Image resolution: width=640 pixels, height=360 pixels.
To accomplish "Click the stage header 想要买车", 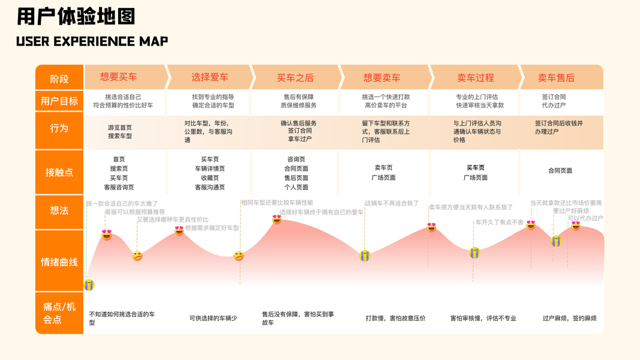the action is [119, 77].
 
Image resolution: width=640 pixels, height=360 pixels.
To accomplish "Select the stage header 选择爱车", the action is [210, 77].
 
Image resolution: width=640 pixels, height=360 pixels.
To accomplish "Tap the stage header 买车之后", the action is [295, 77].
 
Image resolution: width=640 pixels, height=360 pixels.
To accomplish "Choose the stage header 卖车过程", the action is [476, 77].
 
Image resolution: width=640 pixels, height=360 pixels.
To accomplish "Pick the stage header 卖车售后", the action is [556, 77].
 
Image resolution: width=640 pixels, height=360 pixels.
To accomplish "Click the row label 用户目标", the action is [59, 101].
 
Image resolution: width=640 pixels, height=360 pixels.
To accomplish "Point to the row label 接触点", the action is [59, 172].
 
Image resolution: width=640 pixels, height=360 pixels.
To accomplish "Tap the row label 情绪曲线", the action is [59, 262].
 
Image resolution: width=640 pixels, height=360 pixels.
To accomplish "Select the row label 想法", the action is [59, 210].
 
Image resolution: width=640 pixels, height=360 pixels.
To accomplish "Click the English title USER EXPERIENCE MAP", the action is [92, 41].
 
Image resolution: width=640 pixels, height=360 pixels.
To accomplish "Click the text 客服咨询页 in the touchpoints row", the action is [119, 187].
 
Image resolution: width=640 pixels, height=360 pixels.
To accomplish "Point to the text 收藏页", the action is [210, 178].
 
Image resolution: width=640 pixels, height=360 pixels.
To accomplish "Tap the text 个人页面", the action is [296, 187].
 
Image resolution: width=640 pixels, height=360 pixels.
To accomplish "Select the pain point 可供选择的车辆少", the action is [213, 318].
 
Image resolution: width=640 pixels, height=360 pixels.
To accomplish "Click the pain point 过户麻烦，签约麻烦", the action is [569, 318].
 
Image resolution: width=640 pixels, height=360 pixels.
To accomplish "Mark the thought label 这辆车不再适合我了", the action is [392, 203].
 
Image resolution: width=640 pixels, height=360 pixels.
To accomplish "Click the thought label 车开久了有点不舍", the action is [500, 222].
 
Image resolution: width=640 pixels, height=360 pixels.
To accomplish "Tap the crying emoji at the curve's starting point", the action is [89, 284].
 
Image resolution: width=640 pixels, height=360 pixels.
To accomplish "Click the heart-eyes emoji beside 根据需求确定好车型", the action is [179, 230].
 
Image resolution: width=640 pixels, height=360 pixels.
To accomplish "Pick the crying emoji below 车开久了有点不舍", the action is [474, 253].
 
